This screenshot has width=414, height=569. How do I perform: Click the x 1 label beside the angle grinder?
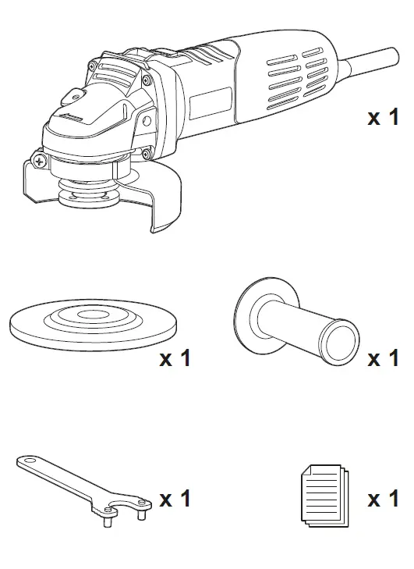[383, 118]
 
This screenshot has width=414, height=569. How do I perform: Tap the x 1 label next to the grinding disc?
[175, 359]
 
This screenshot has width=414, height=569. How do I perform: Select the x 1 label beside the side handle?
[383, 359]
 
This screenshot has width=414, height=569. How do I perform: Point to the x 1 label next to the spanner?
[175, 498]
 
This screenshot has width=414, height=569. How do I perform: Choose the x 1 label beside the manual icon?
[383, 498]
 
